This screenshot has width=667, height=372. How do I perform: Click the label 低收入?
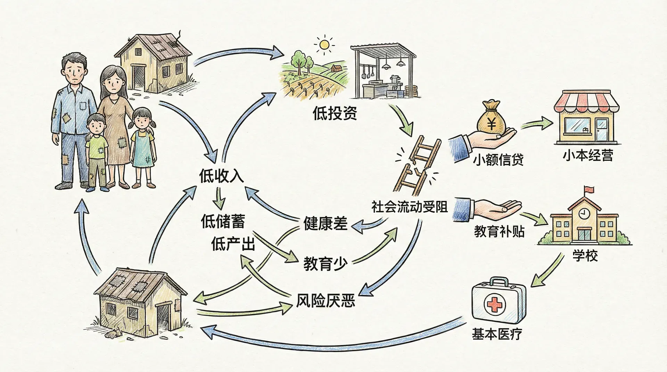tap(221, 176)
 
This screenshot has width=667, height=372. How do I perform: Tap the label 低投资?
tap(335, 113)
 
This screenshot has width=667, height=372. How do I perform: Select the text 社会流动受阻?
tap(409, 207)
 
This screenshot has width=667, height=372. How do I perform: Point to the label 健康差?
tap(325, 223)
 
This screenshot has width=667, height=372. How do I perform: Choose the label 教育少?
tap(325, 264)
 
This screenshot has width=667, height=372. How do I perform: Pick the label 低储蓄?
tap(223, 221)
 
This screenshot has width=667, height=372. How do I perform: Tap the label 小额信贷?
tap(498, 160)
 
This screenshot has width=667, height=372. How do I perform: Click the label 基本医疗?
tap(497, 334)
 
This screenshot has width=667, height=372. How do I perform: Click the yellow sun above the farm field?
tap(324, 44)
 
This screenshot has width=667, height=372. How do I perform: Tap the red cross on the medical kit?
tap(494, 305)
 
